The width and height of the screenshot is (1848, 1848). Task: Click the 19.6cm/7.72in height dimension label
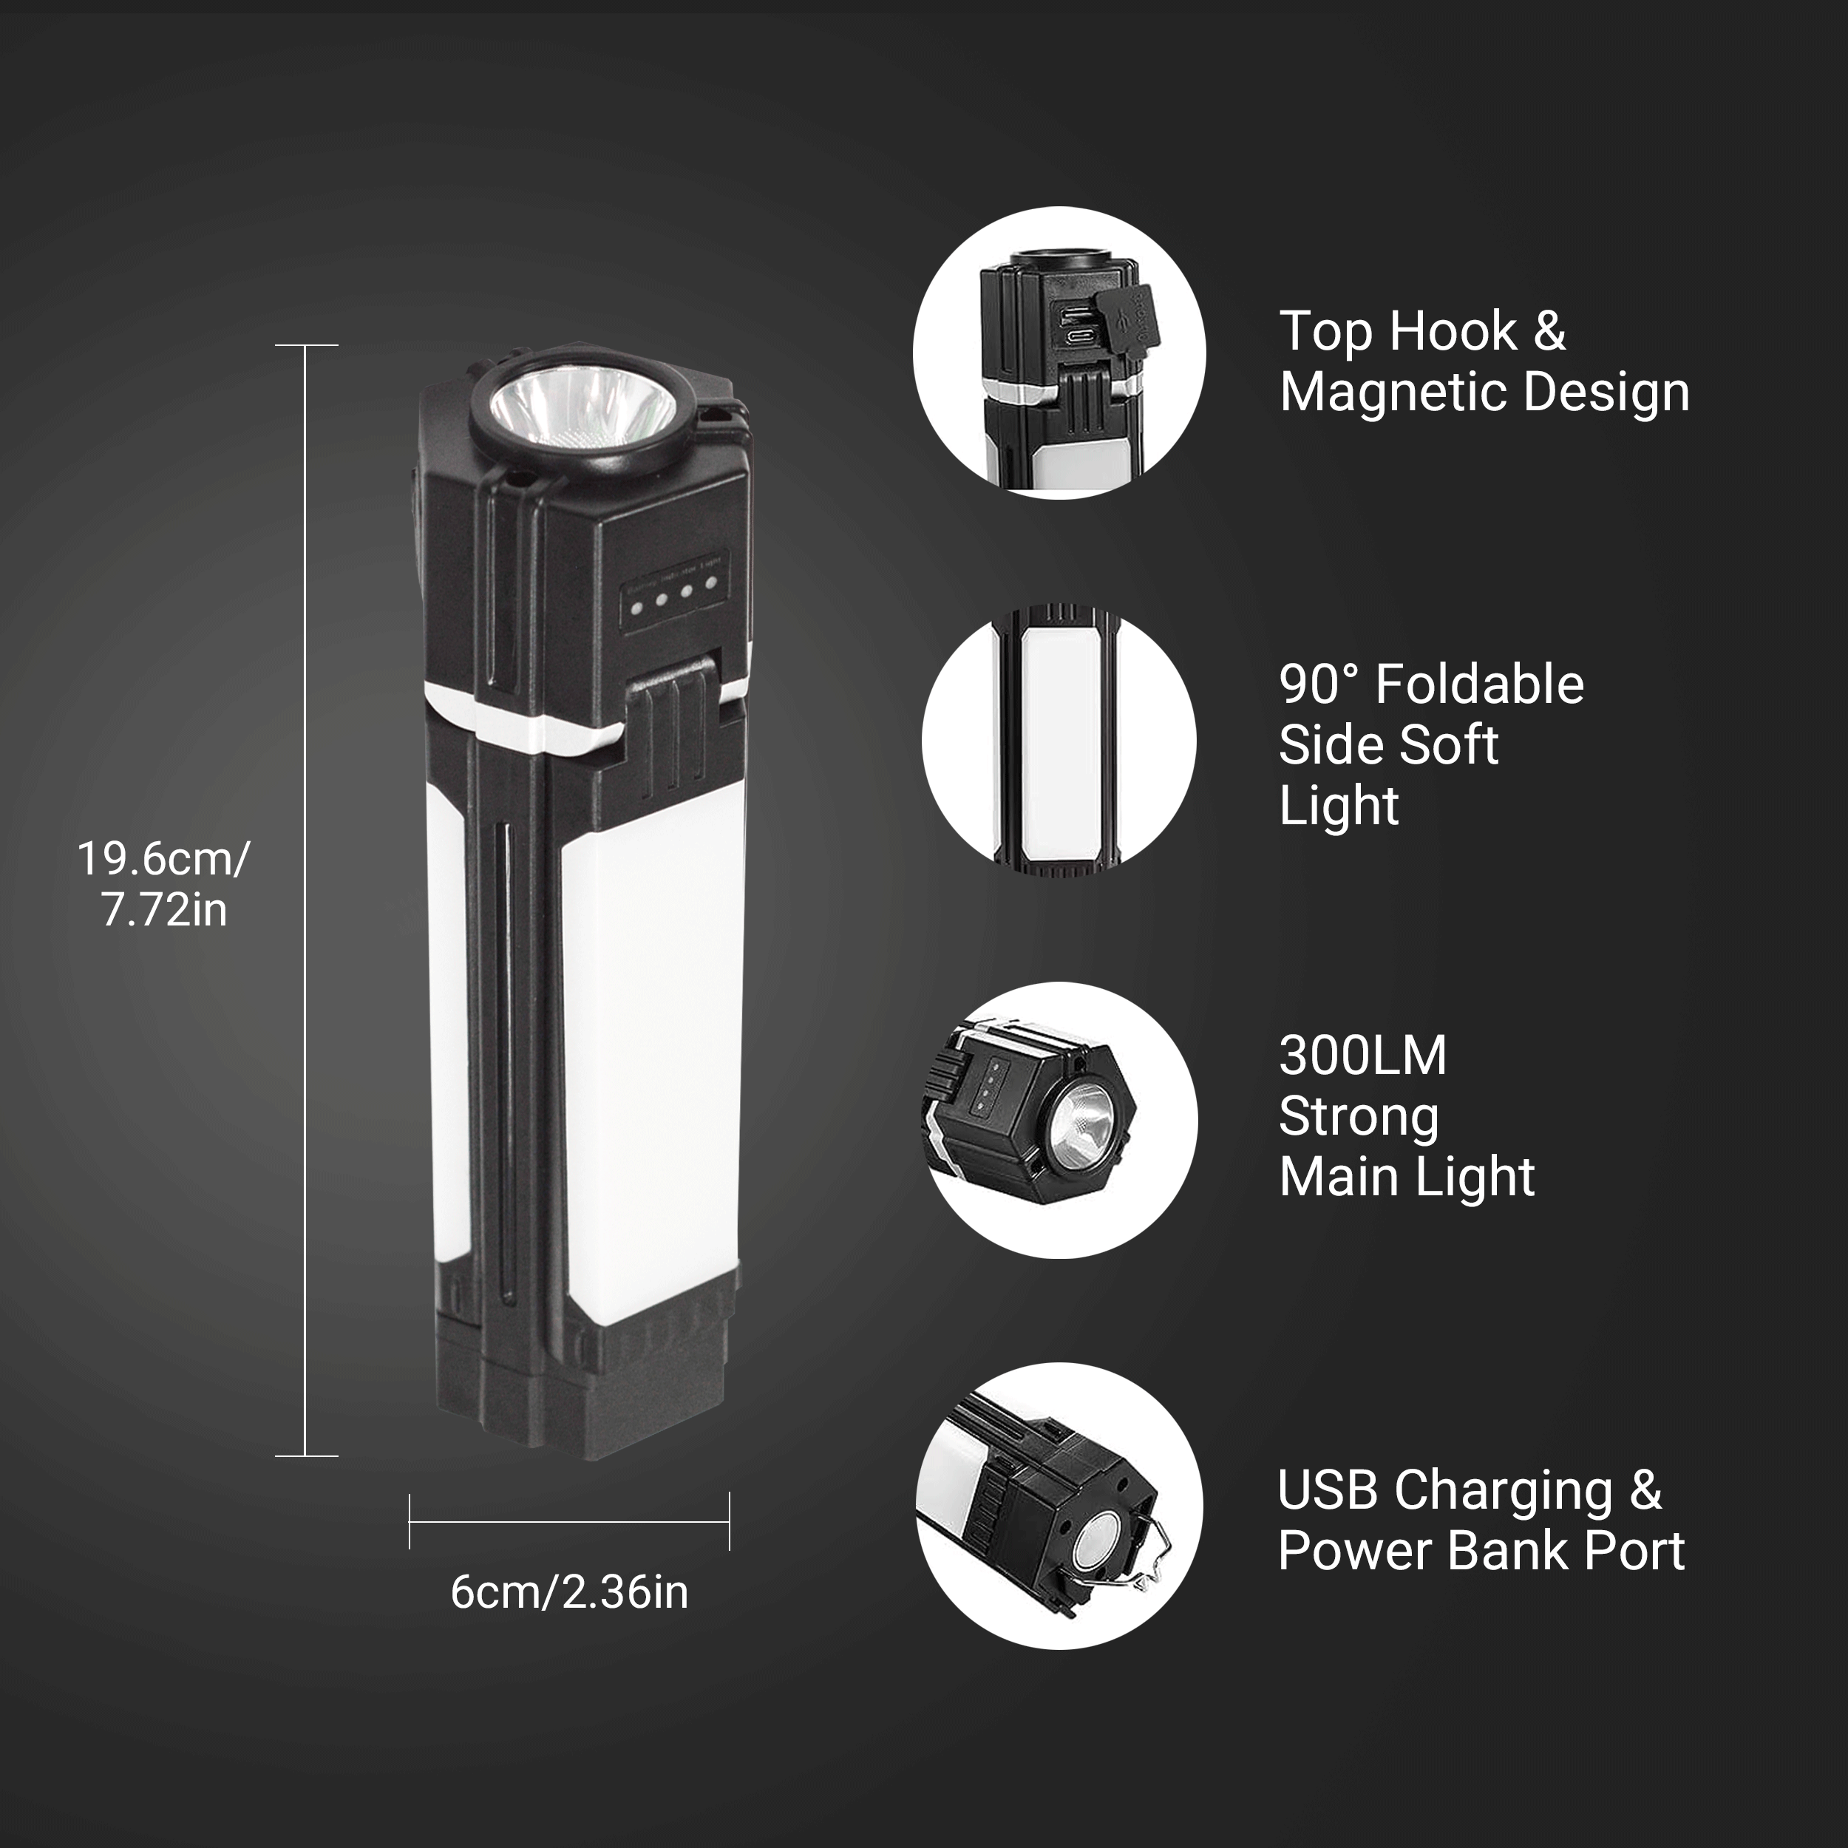pyautogui.click(x=163, y=884)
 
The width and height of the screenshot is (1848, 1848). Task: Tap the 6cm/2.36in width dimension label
pyautogui.click(x=569, y=1593)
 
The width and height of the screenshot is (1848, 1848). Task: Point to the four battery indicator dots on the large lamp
pyautogui.click(x=673, y=599)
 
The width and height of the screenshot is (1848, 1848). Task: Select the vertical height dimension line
pyautogui.click(x=306, y=900)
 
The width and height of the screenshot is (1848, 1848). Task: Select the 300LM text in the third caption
pyautogui.click(x=1363, y=1056)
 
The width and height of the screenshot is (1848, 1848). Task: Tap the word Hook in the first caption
pyautogui.click(x=1453, y=332)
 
